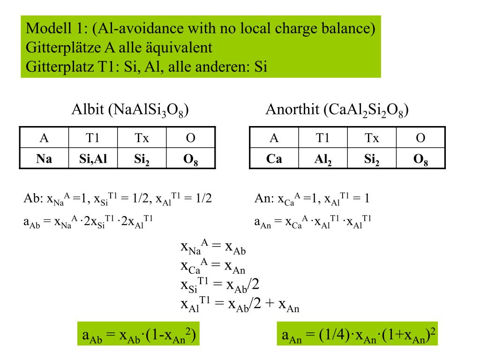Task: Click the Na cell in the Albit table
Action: (44, 159)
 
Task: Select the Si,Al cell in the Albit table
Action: (93, 159)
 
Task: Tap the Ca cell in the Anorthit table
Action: (274, 159)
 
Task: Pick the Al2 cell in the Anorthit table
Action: (323, 159)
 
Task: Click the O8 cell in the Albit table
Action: (190, 159)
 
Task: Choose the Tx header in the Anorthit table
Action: (372, 138)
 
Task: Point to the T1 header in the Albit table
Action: (93, 138)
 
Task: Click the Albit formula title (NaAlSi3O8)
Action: (130, 110)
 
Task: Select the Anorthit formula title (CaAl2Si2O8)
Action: (337, 110)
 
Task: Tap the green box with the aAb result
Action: (138, 335)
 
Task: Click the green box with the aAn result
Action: (357, 335)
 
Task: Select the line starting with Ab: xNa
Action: (117, 198)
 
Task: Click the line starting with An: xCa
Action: (312, 198)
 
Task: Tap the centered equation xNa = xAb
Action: (213, 247)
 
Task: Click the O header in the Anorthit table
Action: (421, 138)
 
